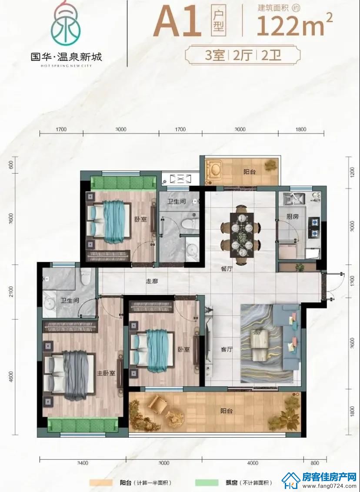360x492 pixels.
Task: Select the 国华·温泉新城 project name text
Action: tap(66, 57)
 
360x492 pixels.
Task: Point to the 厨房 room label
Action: tap(293, 216)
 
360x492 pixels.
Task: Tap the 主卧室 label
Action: tap(106, 373)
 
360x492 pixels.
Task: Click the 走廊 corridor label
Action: tap(152, 281)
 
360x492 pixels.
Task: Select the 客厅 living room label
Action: tap(227, 349)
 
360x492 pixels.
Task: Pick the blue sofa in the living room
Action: tap(287, 336)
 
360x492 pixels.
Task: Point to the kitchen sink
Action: tap(294, 198)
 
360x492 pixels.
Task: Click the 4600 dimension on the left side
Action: tap(12, 376)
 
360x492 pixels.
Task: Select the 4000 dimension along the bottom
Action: tap(253, 463)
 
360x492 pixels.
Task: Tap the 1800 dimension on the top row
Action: tap(301, 129)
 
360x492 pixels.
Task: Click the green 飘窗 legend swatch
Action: tap(207, 482)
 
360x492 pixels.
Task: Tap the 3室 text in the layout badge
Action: tap(215, 56)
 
